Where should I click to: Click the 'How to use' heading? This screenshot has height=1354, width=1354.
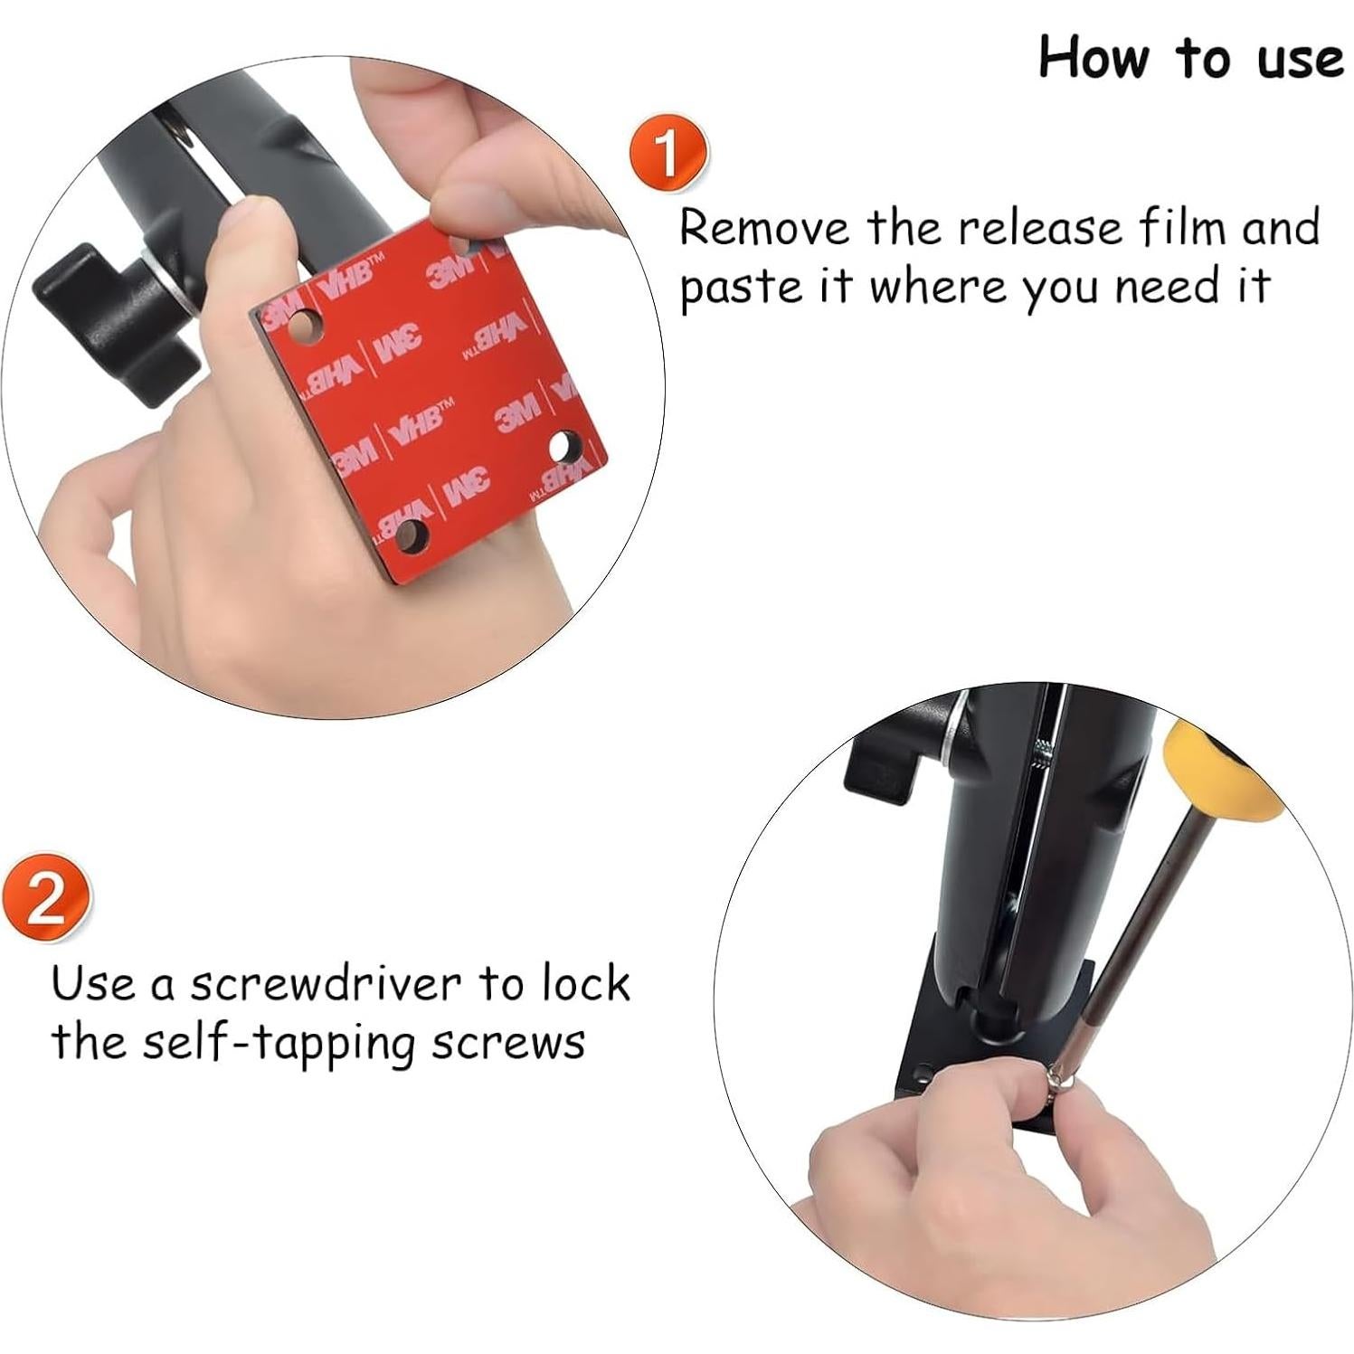click(x=1189, y=59)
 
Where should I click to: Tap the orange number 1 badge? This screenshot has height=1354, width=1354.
click(x=668, y=153)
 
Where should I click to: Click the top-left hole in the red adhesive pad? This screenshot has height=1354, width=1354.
click(x=308, y=323)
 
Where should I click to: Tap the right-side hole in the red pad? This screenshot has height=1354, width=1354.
click(x=566, y=445)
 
